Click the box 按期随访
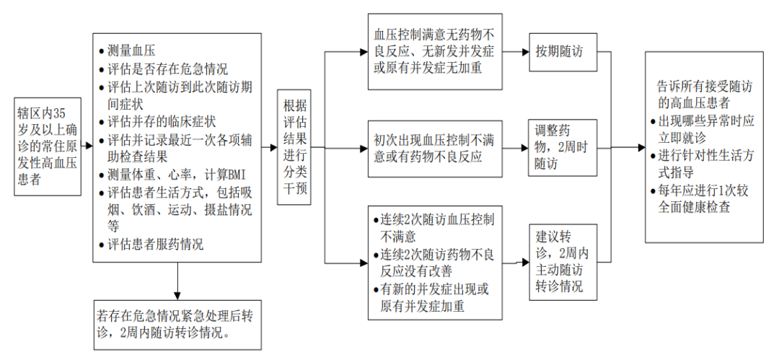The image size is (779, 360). [563, 52]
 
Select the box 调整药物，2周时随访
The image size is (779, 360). [563, 148]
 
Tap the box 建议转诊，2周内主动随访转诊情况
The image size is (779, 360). [563, 263]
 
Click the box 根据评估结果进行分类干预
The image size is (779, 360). [295, 147]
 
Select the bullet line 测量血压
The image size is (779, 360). [134, 51]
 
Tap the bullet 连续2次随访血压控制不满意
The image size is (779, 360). [437, 227]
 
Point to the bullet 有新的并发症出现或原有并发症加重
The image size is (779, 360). [437, 298]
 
